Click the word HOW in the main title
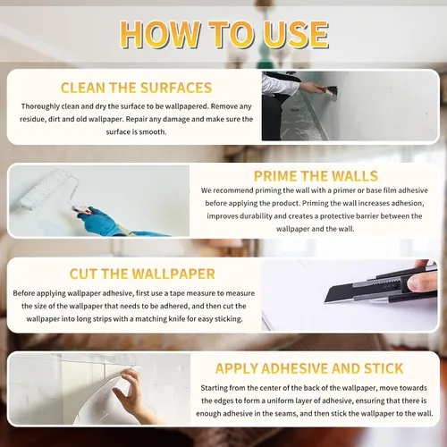coord(160,34)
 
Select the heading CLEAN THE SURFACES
coord(136,88)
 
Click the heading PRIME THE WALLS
coord(316,176)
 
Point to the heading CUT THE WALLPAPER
coord(142,274)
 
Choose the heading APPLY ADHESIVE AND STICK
coord(309,368)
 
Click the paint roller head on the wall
coord(47,189)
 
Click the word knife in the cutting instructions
coord(177,319)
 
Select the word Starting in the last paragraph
coord(215,388)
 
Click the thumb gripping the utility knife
coord(422,283)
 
